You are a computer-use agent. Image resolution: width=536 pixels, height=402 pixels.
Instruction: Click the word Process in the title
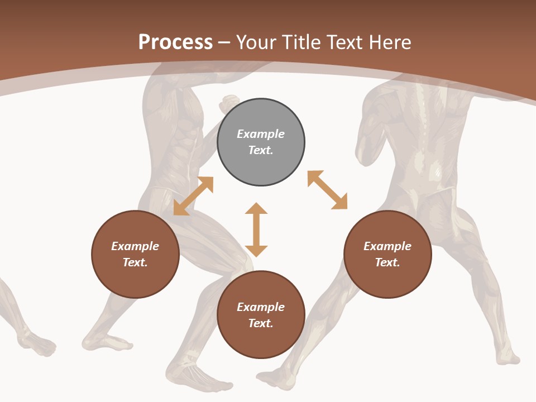(x=175, y=42)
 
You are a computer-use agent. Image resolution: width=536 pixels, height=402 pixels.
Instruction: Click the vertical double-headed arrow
(x=256, y=230)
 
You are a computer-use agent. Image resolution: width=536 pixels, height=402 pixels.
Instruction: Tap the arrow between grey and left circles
(x=193, y=196)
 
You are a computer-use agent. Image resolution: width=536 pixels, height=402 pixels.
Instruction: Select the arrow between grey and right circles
(x=327, y=190)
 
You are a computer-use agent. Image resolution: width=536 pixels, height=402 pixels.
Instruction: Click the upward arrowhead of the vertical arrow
(x=256, y=208)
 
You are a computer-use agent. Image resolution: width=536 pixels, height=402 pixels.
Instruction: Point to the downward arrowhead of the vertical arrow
(x=256, y=251)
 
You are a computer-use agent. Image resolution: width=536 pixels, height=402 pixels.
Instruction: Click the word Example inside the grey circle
(x=261, y=134)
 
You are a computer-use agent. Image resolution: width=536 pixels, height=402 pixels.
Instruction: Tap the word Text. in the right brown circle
(x=387, y=262)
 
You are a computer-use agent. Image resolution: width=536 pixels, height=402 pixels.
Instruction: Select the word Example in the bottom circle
(x=261, y=307)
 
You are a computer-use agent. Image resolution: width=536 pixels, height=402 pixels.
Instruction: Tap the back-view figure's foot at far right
(x=505, y=355)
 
